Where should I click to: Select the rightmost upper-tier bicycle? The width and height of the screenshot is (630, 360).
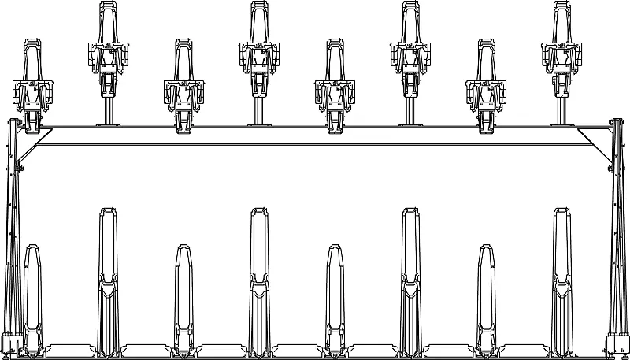[x=561, y=47]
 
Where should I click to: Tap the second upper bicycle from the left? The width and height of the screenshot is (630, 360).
[x=108, y=47]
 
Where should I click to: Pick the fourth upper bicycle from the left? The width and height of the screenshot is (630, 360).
[x=259, y=47]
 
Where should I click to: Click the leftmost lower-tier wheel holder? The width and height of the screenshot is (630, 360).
[x=32, y=299]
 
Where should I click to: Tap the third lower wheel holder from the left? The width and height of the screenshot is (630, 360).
[x=183, y=299]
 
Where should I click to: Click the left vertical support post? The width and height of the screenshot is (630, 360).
[x=12, y=236]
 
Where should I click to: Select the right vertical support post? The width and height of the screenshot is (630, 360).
[x=617, y=236]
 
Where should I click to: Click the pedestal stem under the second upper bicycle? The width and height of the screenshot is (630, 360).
[x=108, y=106]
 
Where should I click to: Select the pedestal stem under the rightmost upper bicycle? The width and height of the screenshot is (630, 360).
[x=561, y=106]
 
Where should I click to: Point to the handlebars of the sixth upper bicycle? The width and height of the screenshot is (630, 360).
[x=410, y=54]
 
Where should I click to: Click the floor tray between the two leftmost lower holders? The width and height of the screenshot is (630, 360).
[x=70, y=349]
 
